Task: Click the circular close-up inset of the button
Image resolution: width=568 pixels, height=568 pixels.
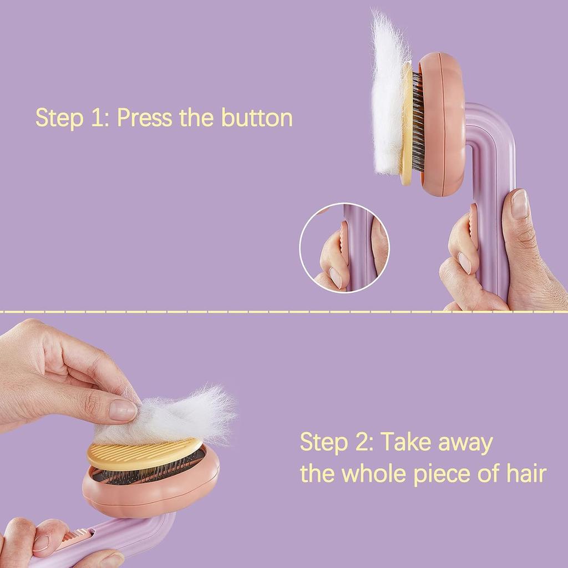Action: (344, 247)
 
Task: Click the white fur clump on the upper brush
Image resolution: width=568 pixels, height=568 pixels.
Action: (388, 94)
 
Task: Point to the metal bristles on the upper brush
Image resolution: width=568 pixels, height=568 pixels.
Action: (418, 122)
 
